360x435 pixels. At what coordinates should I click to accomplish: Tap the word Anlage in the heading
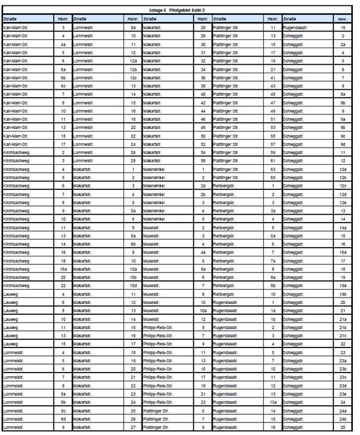click(x=154, y=11)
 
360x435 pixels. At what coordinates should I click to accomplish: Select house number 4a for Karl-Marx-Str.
click(x=63, y=44)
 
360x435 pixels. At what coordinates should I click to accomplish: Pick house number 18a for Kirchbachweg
click(x=63, y=268)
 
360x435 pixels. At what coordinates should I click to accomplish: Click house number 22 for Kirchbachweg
click(x=63, y=285)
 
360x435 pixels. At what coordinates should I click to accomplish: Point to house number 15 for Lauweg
click(x=63, y=343)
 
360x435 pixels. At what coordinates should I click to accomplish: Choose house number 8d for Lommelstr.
click(x=63, y=418)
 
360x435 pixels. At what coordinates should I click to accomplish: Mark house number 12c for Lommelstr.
click(x=133, y=77)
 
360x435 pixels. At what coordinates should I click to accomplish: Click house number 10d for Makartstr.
click(x=133, y=285)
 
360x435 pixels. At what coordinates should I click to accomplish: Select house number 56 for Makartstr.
click(x=203, y=161)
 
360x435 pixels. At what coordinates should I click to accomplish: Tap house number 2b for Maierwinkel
click(x=203, y=194)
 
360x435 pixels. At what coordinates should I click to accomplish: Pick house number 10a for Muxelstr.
click(x=203, y=310)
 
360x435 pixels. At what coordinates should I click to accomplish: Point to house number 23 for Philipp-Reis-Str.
click(x=203, y=402)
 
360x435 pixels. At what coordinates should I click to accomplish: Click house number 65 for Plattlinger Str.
click(x=273, y=177)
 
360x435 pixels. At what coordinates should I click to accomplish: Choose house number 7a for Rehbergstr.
click(x=273, y=260)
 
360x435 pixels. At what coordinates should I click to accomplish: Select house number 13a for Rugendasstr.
click(x=273, y=402)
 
